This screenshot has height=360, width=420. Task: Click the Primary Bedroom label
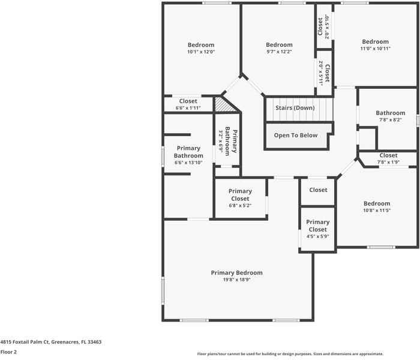tap(237, 272)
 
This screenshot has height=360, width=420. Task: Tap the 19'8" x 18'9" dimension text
tap(237, 280)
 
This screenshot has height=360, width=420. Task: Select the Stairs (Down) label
tap(295, 107)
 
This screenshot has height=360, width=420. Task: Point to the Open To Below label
tap(296, 135)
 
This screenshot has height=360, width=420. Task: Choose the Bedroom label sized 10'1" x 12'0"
tap(201, 45)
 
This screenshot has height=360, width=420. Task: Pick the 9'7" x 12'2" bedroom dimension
tap(279, 52)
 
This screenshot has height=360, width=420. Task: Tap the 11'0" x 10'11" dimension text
tap(375, 49)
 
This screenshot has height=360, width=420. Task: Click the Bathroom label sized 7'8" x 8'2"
tap(390, 113)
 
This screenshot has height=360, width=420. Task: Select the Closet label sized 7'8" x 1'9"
tap(388, 155)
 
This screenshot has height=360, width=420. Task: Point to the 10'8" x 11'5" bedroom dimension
tap(377, 210)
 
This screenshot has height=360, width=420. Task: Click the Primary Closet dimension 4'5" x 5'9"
tap(317, 236)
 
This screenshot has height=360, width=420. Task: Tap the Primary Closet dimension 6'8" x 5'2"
tap(240, 205)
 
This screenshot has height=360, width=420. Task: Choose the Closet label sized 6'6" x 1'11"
tap(188, 101)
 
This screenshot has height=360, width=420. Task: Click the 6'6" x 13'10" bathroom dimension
tap(188, 163)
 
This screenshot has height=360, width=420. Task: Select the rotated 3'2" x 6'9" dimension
tap(221, 142)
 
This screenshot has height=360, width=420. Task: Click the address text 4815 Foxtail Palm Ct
tap(25, 342)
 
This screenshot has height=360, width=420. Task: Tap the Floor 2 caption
tap(8, 352)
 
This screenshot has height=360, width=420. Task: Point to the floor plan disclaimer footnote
tap(290, 354)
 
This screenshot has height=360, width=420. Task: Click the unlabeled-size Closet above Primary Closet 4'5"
tap(318, 190)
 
